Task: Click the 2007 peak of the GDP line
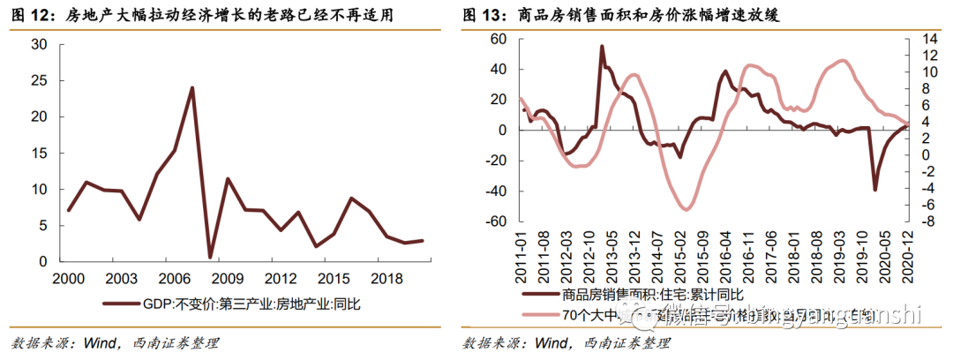(x=191, y=87)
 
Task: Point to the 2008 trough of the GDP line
(x=209, y=257)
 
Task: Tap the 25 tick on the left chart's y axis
(x=38, y=80)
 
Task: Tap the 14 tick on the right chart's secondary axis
(x=932, y=40)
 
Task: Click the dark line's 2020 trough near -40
(x=875, y=190)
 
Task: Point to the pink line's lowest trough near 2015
(x=685, y=209)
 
